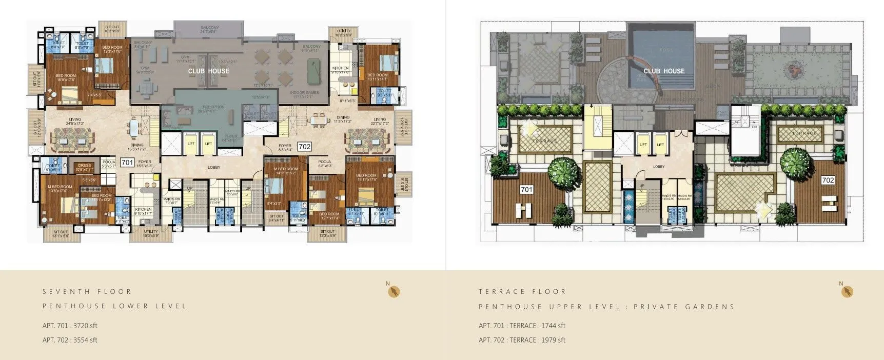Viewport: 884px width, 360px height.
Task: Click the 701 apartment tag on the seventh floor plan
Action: (x=127, y=163)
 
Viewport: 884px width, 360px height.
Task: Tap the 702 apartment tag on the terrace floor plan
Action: (x=828, y=180)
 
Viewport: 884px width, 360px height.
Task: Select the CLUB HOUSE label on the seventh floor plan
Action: (x=208, y=71)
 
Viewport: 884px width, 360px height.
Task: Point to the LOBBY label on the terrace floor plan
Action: (x=659, y=167)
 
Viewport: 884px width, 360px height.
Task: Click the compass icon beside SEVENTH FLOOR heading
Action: (x=394, y=292)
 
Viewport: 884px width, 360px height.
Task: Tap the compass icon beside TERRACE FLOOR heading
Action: (x=848, y=292)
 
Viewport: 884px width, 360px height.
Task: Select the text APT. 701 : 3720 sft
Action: (x=70, y=326)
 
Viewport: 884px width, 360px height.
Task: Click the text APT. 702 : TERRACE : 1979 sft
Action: (x=522, y=340)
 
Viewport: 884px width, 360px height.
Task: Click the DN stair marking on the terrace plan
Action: (x=754, y=126)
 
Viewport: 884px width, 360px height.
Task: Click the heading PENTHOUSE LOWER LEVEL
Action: (x=114, y=306)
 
